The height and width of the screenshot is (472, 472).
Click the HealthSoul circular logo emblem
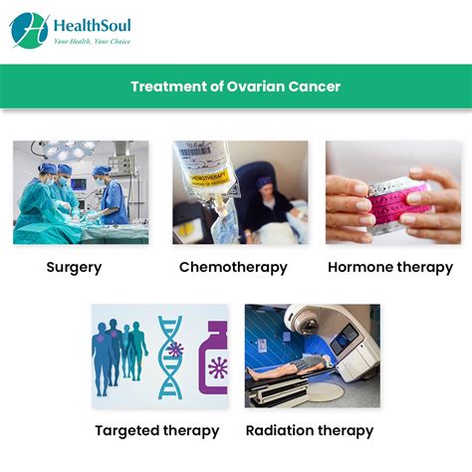(x=29, y=31)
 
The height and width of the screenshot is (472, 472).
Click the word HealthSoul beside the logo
(x=93, y=26)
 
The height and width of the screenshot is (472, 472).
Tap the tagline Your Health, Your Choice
(x=93, y=42)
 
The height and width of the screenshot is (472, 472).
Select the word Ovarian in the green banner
(x=256, y=87)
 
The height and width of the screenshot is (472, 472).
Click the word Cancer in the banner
(x=315, y=87)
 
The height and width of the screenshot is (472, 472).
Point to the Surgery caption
(x=74, y=268)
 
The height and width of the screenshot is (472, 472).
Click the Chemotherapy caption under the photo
(x=233, y=268)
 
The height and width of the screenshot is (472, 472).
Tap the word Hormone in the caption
(x=360, y=267)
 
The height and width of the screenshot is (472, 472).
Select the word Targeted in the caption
(x=126, y=430)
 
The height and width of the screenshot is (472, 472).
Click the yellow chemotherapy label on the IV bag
(x=209, y=177)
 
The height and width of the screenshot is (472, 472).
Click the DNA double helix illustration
(x=170, y=356)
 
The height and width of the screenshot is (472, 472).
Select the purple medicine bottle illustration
(x=213, y=357)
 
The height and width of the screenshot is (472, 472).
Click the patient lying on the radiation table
(x=290, y=366)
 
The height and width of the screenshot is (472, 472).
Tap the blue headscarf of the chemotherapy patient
(x=264, y=182)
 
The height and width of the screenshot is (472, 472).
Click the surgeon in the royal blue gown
(x=112, y=196)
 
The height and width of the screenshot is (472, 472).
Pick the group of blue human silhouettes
(x=119, y=357)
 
